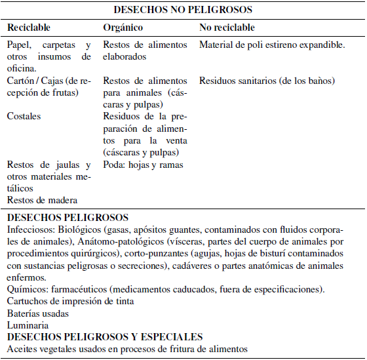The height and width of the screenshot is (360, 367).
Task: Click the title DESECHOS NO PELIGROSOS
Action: tap(183, 10)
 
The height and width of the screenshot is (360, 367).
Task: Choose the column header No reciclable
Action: tap(227, 28)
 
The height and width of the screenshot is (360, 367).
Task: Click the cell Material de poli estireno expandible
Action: tap(271, 45)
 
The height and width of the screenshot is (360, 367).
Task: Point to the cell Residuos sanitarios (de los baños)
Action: tap(267, 81)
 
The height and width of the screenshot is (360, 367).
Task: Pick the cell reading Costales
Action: tap(24, 116)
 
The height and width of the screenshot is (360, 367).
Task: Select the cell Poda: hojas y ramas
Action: tap(143, 165)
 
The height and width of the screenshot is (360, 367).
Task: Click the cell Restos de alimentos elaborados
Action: tap(144, 50)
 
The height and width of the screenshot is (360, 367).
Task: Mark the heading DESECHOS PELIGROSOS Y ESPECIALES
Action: tap(105, 336)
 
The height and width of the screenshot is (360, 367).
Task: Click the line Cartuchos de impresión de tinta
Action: tap(71, 300)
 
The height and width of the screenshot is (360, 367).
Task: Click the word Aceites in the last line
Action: tap(22, 349)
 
